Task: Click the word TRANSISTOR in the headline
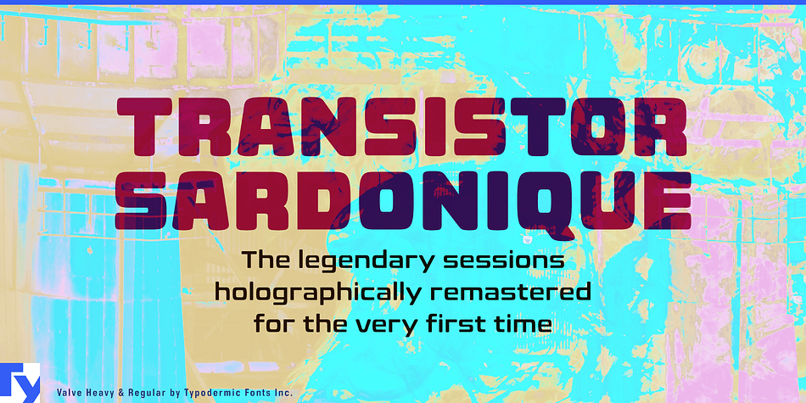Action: pyautogui.click(x=402, y=126)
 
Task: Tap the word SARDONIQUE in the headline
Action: pyautogui.click(x=404, y=199)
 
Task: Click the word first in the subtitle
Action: pyautogui.click(x=465, y=324)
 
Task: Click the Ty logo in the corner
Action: pyautogui.click(x=20, y=383)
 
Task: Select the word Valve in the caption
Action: pyautogui.click(x=67, y=393)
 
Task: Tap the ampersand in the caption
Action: pyautogui.click(x=120, y=393)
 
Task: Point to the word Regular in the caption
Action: pyautogui.click(x=145, y=394)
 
